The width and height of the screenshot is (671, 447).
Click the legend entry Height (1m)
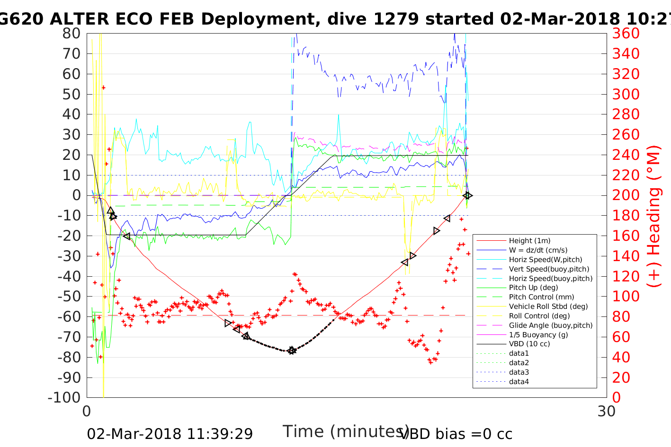coord(529,241)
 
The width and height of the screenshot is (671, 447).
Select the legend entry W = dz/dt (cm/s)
coord(538,250)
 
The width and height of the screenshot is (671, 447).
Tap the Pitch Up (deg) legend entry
coord(533,288)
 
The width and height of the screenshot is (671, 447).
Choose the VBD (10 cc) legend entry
coord(529,344)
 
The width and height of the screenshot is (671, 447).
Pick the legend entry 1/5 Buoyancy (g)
coord(538,334)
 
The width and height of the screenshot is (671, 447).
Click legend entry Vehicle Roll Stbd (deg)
coord(548,307)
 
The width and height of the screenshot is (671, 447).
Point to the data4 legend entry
coord(519,382)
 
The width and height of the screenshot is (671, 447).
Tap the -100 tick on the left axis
coord(64,398)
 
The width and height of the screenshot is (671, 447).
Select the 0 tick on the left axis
coord(76,195)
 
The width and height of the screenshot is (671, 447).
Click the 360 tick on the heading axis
coord(626,34)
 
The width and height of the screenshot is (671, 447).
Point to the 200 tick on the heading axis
coord(626,195)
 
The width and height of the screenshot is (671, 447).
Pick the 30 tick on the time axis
coord(606,412)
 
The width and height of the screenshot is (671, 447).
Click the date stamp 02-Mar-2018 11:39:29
coord(170,434)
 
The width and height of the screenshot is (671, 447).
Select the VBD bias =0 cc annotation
coord(456,434)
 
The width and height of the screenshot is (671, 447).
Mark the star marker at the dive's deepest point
coord(292,351)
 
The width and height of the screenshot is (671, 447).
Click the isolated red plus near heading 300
coord(103,88)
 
